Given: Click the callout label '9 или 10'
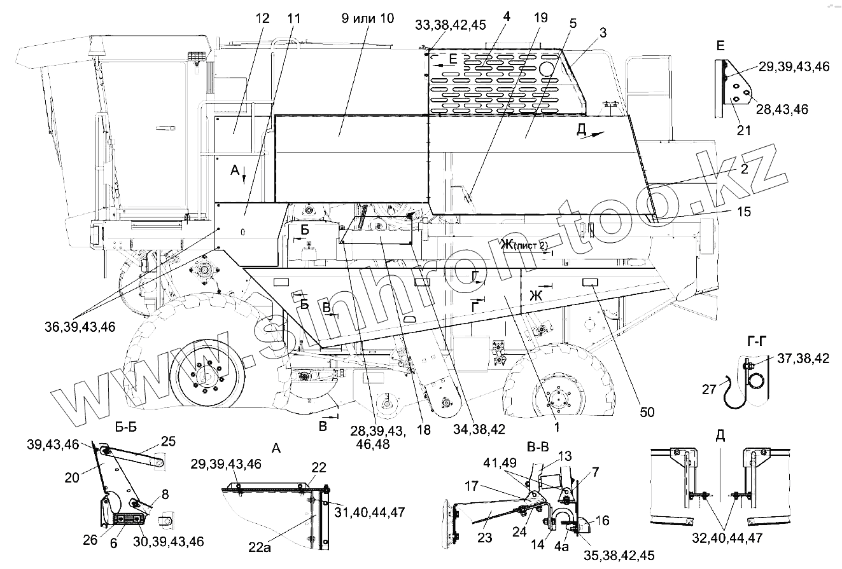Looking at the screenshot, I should coord(368,18).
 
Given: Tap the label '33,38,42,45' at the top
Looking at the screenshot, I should coord(450,25).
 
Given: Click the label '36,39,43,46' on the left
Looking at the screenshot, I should coord(80,327).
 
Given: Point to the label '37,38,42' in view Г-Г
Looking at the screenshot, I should coord(803,359).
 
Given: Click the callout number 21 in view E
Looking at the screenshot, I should coord(743,130).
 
